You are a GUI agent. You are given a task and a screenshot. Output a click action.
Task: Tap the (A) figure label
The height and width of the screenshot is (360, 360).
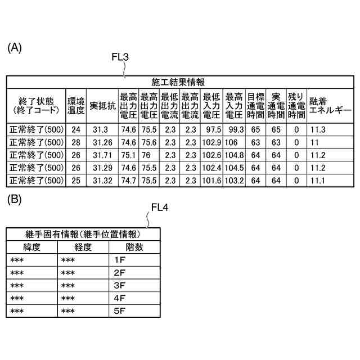click(15, 49)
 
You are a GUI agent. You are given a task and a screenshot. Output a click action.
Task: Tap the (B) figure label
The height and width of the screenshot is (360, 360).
click(15, 199)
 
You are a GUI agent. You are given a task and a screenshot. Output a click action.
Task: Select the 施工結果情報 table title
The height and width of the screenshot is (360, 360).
click(180, 82)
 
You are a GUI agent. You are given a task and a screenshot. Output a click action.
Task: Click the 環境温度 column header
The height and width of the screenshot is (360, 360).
click(76, 105)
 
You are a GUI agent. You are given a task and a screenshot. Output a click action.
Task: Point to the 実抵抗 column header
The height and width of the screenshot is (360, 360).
click(102, 105)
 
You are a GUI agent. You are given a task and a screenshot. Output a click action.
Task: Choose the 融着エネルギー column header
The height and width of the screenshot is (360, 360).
click(330, 105)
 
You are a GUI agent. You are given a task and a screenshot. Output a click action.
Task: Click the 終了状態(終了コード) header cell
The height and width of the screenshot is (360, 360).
click(35, 105)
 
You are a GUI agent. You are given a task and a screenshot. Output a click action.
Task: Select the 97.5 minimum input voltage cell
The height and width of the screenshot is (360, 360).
click(212, 129)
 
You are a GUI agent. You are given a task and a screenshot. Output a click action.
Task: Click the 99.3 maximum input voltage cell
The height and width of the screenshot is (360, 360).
click(234, 129)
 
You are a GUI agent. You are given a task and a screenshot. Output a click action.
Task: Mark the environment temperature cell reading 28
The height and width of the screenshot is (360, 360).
click(76, 142)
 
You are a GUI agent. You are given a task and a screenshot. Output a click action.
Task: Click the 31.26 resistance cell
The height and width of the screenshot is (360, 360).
click(102, 142)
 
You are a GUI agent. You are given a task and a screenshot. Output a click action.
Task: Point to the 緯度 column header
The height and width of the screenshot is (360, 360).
click(32, 246)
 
